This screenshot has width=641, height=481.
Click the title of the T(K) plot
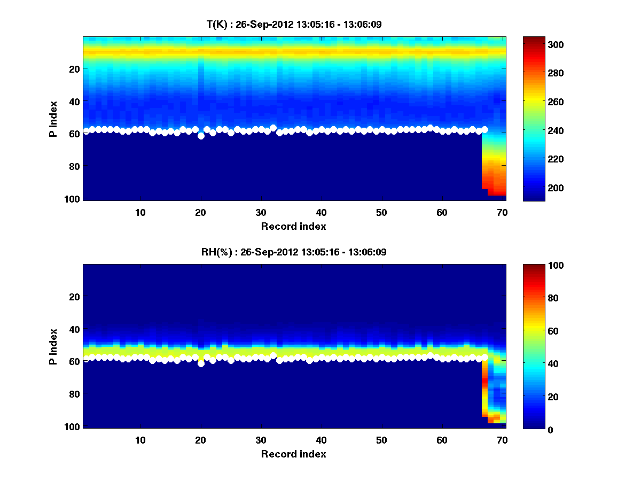(294, 25)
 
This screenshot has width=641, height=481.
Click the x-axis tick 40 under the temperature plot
(321, 212)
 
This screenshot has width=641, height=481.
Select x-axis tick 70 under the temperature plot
(502, 212)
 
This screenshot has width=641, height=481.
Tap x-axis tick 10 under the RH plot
(140, 440)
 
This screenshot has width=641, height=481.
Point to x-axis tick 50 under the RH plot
(381, 440)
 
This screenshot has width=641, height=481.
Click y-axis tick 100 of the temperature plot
(73, 199)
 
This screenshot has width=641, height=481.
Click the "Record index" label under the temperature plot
(293, 226)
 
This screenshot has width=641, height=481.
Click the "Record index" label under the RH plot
(293, 454)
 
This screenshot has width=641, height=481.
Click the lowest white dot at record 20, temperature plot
(201, 136)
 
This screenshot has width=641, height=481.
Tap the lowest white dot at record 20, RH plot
(201, 364)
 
